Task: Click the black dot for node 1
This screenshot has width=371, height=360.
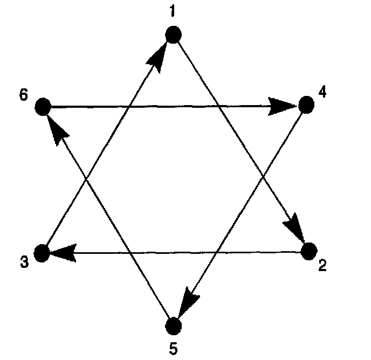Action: point(173,36)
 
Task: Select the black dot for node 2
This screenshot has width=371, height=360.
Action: point(308,251)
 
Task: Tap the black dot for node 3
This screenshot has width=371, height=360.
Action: point(42,252)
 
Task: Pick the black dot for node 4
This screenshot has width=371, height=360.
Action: point(306,105)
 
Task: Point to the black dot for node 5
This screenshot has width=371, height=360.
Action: point(173,326)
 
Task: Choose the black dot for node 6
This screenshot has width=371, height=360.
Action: point(43,107)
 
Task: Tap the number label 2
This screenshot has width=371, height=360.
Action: point(322,266)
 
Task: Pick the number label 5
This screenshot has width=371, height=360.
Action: point(173,349)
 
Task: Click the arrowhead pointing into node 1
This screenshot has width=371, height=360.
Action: point(160,55)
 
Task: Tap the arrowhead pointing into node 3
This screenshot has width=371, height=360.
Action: point(63,252)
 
